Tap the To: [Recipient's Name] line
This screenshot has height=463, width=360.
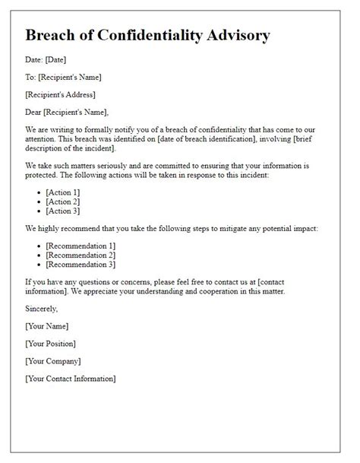click(63, 78)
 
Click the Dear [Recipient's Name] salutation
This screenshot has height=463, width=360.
click(70, 113)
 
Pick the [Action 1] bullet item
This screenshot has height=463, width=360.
click(63, 192)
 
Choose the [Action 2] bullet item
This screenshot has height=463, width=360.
click(63, 201)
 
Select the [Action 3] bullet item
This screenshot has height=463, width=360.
click(63, 211)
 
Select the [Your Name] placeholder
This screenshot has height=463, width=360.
click(47, 326)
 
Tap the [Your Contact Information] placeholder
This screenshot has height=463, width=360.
click(71, 378)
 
